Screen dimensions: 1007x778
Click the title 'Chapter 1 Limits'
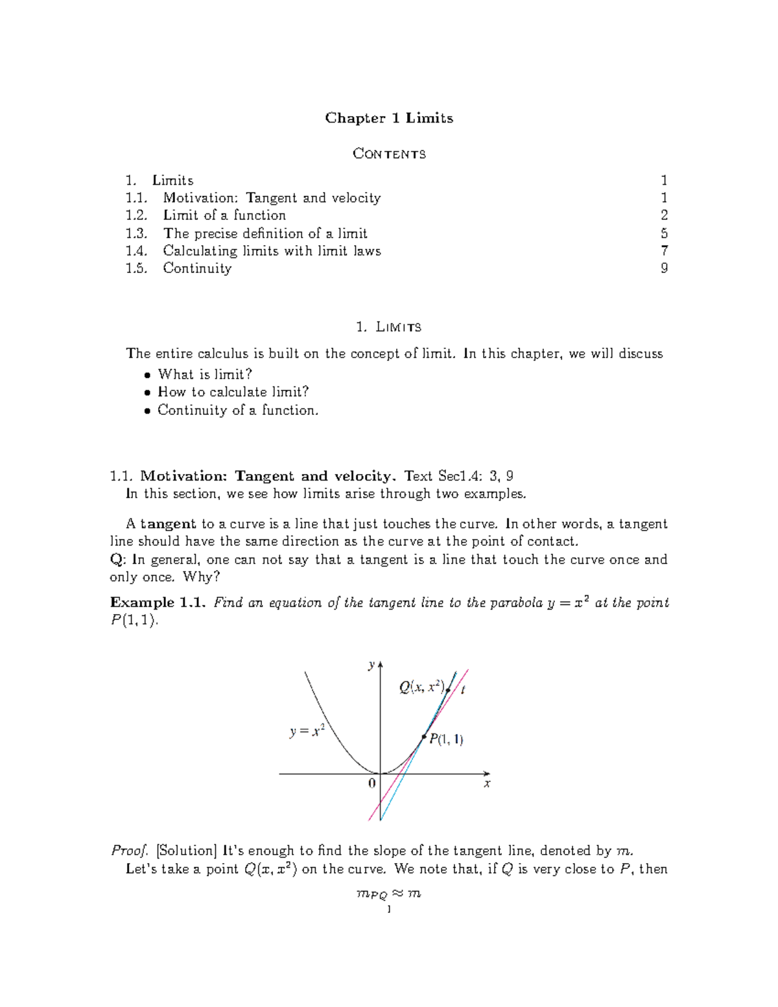coord(389,118)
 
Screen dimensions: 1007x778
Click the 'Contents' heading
coord(389,154)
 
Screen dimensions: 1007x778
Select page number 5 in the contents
coord(664,233)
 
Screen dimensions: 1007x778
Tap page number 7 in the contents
coord(664,251)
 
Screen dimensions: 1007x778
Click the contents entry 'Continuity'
coord(197,268)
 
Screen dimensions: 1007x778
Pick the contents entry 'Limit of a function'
coord(224,215)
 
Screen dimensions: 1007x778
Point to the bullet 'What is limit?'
coord(205,375)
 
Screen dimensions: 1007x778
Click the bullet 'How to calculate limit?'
coord(233,392)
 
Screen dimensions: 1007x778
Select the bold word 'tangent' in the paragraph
coord(168,524)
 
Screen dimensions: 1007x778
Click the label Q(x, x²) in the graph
coord(421,687)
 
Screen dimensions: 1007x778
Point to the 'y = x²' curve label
coord(307,731)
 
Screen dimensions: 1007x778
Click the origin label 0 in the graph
coord(371,783)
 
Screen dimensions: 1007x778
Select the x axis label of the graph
coord(487,784)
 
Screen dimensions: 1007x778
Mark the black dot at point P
coord(424,737)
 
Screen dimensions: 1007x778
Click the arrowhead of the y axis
coord(380,664)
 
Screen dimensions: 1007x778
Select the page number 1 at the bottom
coord(388,910)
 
